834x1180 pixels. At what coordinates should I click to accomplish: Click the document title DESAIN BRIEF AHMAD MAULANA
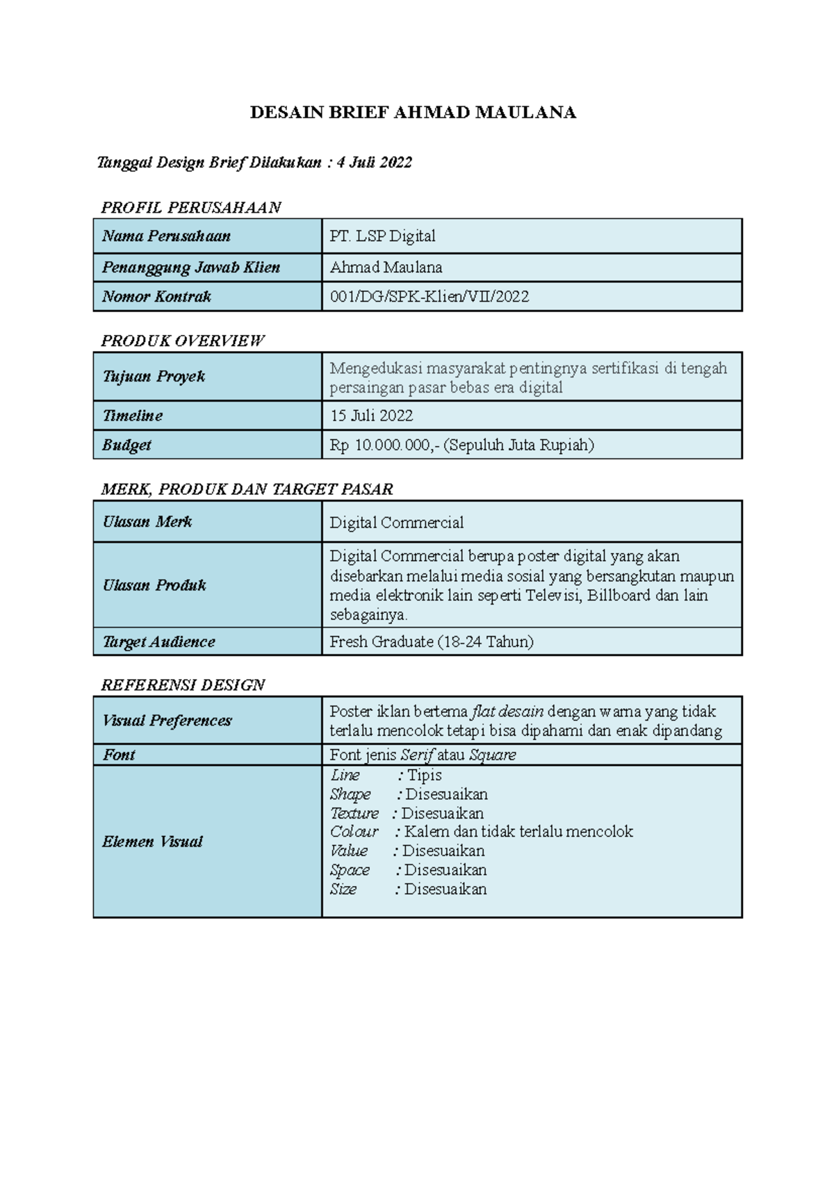point(413,113)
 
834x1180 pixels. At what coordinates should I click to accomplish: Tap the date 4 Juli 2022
point(374,163)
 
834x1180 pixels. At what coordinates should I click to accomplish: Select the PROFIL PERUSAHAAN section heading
point(190,207)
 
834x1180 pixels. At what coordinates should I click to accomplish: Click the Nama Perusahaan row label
point(166,236)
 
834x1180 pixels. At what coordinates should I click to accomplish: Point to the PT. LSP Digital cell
point(382,236)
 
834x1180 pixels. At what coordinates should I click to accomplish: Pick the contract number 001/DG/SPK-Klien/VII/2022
point(429,297)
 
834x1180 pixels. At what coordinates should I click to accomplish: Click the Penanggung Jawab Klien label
point(190,268)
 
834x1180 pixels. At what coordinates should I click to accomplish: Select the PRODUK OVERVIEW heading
point(182,341)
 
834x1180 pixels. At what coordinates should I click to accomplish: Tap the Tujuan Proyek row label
point(154,377)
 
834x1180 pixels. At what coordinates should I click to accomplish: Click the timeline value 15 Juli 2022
point(371,416)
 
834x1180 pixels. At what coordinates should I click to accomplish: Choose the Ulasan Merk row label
point(147,522)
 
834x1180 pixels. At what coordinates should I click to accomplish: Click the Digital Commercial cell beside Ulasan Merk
point(396,523)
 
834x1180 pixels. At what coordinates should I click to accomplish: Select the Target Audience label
point(158,642)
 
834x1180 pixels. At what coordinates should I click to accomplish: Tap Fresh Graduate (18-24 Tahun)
point(431,642)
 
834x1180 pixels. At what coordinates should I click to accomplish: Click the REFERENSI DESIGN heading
point(183,685)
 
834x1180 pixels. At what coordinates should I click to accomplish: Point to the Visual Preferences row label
point(167,721)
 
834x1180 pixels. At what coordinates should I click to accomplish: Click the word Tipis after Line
point(424,776)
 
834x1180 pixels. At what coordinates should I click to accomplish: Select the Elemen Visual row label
point(152,842)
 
